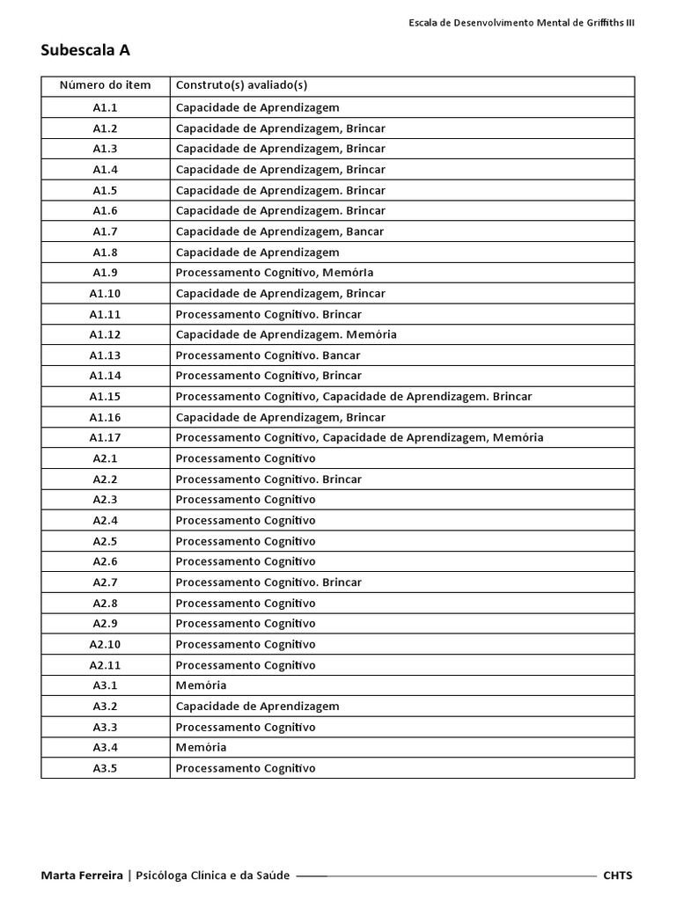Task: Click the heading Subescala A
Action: click(85, 50)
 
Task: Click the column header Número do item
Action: click(105, 85)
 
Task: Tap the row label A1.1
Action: click(105, 107)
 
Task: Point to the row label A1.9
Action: click(105, 273)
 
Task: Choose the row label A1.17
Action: click(105, 437)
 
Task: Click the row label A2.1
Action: click(105, 458)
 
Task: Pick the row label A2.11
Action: click(105, 665)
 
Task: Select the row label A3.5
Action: click(105, 768)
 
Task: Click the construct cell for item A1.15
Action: click(353, 397)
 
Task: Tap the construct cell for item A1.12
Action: click(286, 334)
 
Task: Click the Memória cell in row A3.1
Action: click(201, 685)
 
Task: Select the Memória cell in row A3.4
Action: click(201, 747)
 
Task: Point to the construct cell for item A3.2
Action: click(257, 707)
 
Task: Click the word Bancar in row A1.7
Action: click(365, 231)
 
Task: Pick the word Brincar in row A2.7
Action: click(342, 582)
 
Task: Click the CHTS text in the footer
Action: click(618, 875)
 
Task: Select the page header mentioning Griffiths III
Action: click(521, 23)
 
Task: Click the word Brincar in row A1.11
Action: click(342, 314)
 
